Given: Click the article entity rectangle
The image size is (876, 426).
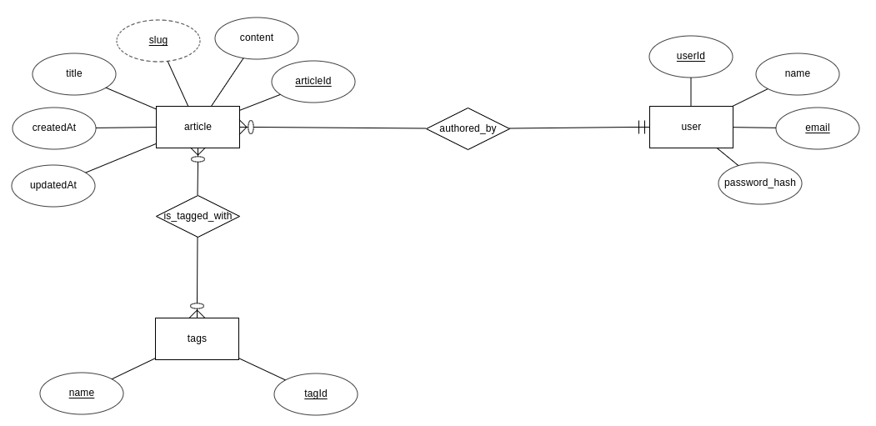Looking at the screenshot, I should [x=198, y=127].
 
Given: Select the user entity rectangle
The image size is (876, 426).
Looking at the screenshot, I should [x=691, y=127].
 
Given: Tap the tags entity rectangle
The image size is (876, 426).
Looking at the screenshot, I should [x=197, y=338].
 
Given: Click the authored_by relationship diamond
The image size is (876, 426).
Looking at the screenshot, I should [x=468, y=128].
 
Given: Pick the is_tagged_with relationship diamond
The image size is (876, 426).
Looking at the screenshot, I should [x=198, y=216].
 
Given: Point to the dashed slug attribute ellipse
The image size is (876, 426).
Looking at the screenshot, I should [x=158, y=41].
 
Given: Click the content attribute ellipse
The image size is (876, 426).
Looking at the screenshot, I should [x=257, y=38].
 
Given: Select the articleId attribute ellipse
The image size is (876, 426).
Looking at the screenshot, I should [x=313, y=82].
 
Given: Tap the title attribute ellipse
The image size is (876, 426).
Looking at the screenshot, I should [x=74, y=74].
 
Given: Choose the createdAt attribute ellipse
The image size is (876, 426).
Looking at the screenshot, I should [x=54, y=128].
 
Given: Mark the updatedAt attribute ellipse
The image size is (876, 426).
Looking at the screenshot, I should [x=53, y=186].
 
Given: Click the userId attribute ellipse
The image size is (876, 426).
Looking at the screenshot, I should [x=691, y=57].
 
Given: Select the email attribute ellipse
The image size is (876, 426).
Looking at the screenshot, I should [x=818, y=128].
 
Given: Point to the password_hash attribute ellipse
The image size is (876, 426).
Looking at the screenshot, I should [x=760, y=183].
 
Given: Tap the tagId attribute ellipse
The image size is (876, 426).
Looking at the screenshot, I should [x=316, y=394].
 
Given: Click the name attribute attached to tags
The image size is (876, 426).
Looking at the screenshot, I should [x=82, y=393].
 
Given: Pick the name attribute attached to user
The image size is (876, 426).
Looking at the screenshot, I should [x=798, y=74].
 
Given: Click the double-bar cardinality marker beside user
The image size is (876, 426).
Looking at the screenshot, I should [x=643, y=128].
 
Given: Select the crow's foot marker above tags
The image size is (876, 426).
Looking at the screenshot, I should [x=197, y=313].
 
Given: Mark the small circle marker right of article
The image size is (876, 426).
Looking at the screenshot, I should [x=251, y=128].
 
